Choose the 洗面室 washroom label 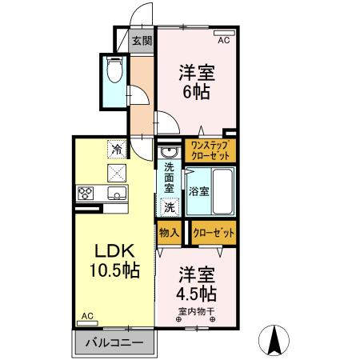pyautogui.click(x=170, y=178)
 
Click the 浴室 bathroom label pyautogui.click(x=199, y=191)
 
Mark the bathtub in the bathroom pyautogui.click(x=220, y=191)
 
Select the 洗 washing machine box pyautogui.click(x=170, y=206)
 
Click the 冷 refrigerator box pyautogui.click(x=117, y=149)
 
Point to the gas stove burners pyautogui.click(x=86, y=193)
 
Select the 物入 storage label pyautogui.click(x=169, y=233)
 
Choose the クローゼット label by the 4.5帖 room pyautogui.click(x=214, y=233)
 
